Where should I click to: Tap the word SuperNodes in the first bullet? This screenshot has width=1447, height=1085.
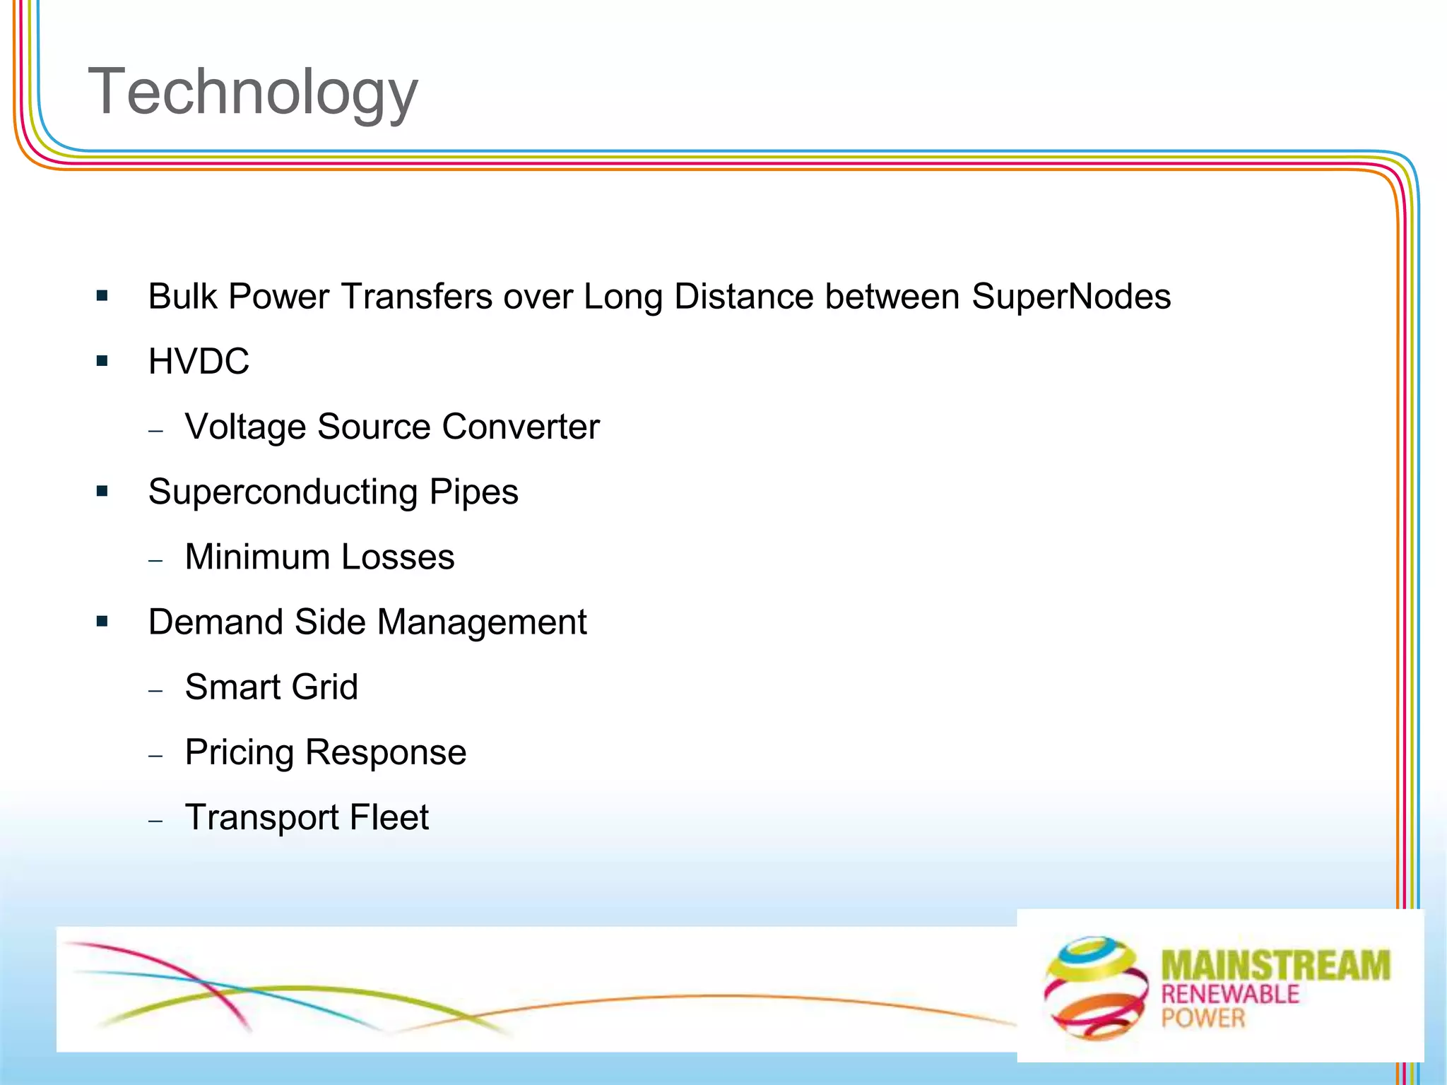click(1070, 297)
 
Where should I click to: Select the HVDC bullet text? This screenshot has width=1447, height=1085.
click(199, 362)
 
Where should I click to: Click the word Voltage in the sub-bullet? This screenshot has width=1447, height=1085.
click(245, 427)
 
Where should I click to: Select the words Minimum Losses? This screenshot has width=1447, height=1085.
click(319, 557)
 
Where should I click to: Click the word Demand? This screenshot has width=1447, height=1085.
click(215, 622)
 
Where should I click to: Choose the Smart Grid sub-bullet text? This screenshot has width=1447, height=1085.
click(271, 687)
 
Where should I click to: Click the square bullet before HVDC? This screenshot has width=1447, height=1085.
click(102, 362)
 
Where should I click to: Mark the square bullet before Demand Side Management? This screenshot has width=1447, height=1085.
click(102, 622)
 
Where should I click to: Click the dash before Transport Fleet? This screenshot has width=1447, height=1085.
click(156, 821)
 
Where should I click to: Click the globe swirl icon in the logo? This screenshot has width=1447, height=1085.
click(1096, 988)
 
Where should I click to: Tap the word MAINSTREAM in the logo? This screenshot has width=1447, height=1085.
click(1275, 966)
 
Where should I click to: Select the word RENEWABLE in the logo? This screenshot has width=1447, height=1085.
click(1230, 995)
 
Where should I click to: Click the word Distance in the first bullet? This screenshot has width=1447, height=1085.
click(743, 297)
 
